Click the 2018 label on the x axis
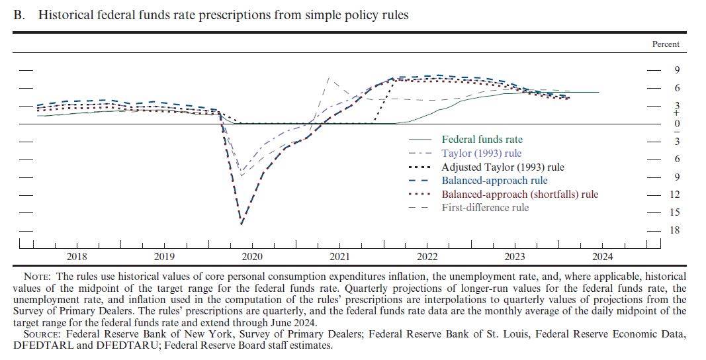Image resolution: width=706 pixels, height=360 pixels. [x=77, y=257]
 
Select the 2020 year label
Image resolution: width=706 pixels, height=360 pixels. [x=251, y=257]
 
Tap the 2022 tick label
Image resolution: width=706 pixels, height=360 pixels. [x=427, y=257]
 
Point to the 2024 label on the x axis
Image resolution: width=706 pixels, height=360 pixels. [x=602, y=257]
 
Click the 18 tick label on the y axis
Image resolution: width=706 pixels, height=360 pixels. [x=675, y=230]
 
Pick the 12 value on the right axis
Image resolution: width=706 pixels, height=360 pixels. [x=675, y=195]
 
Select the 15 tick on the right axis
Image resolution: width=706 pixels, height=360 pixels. [x=675, y=212]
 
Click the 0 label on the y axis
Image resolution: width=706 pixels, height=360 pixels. [x=677, y=124]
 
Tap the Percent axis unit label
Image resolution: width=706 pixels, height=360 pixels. [x=666, y=44]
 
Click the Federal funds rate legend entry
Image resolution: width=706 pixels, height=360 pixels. [x=482, y=140]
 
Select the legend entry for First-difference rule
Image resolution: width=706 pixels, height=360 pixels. [x=485, y=208]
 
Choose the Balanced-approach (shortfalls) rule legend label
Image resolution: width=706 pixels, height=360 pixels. [x=519, y=194]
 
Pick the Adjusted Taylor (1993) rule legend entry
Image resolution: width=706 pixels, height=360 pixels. [x=502, y=167]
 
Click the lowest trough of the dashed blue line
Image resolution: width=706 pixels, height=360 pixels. [x=242, y=224]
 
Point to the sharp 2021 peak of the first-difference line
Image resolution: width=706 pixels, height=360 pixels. [x=330, y=78]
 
